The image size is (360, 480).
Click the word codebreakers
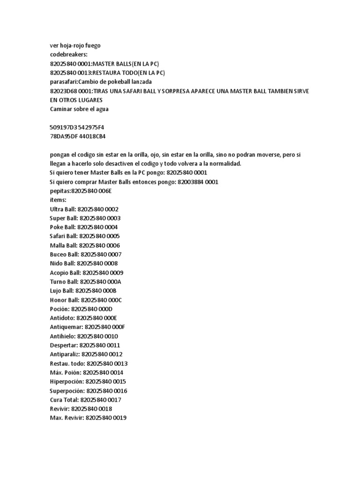click(x=68, y=54)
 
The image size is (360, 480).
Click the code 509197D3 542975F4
click(x=80, y=127)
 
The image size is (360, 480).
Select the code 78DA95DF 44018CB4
click(x=78, y=136)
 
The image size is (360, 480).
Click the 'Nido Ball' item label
click(x=62, y=263)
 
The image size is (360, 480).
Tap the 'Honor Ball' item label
click(x=64, y=300)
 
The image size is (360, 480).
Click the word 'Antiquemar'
click(x=66, y=327)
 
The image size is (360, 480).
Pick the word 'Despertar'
click(x=63, y=345)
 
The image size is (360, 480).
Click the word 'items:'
click(x=58, y=200)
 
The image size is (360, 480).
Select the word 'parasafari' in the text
click(x=63, y=82)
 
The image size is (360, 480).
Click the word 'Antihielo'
click(x=62, y=336)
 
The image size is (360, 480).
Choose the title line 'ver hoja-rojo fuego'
click(x=75, y=45)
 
